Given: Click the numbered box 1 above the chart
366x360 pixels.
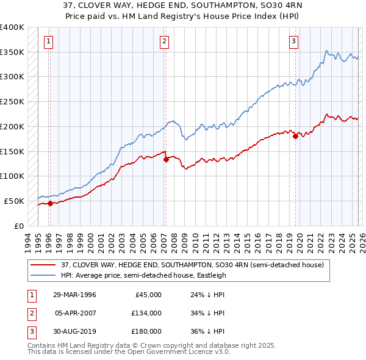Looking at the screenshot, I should click(x=48, y=41).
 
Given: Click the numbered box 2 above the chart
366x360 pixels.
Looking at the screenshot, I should click(x=165, y=41).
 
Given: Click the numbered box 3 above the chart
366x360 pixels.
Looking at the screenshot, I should click(x=293, y=41).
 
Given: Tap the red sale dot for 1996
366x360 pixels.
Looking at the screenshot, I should click(x=50, y=204).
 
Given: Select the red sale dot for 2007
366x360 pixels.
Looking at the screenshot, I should click(x=165, y=159).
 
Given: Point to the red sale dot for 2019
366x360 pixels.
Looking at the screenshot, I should click(x=295, y=137).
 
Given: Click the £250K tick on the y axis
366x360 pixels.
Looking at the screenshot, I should click(x=12, y=102).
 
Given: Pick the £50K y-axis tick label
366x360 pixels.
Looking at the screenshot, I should click(x=14, y=201).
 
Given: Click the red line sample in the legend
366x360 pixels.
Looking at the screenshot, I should click(x=43, y=265).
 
